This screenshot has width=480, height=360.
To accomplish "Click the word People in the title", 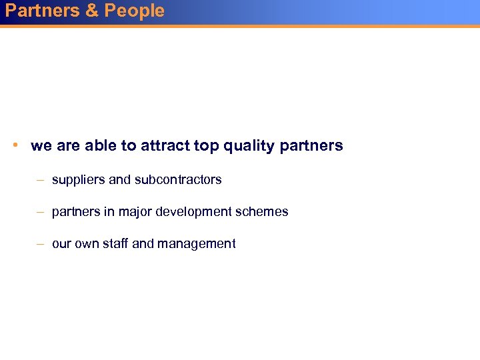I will (134, 11).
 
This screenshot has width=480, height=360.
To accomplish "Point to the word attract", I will (163, 145).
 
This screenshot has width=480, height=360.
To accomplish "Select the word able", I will (102, 145).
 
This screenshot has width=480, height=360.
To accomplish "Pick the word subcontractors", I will (178, 179).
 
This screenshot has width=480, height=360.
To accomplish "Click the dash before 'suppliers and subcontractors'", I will (41, 180).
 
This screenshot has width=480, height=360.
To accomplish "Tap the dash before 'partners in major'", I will (41, 212).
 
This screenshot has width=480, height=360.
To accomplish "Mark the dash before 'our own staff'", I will (41, 244).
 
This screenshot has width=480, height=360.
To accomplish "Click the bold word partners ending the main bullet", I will (313, 146).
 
